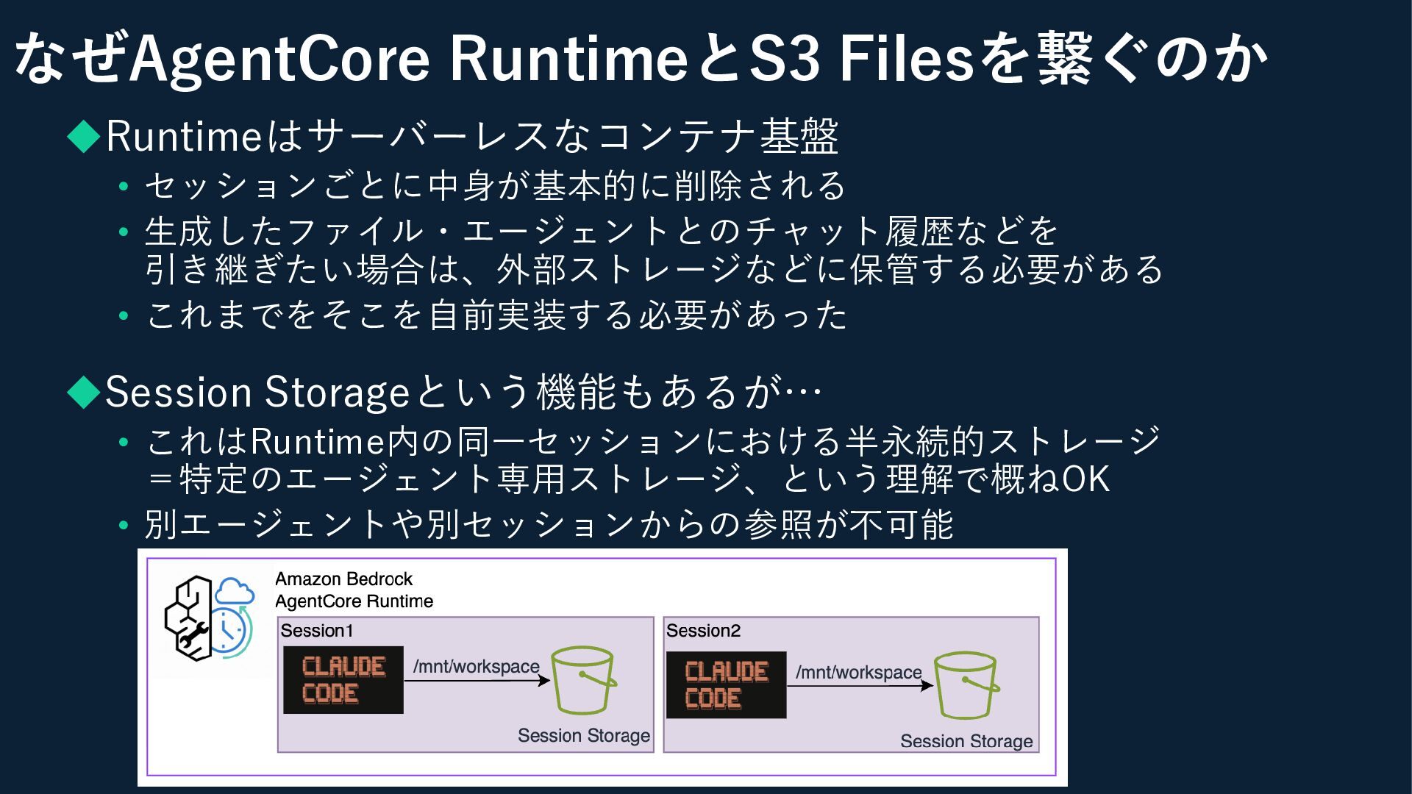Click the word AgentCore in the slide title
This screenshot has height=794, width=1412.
coord(279,59)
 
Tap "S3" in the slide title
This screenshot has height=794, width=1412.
coord(784,59)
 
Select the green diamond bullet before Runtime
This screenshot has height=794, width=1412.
coord(83,136)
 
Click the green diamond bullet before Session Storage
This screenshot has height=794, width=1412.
coord(83,392)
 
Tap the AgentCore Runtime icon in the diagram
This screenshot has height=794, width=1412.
coord(209,618)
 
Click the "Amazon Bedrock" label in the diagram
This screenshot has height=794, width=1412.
coord(343,579)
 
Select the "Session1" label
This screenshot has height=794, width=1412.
coord(317,631)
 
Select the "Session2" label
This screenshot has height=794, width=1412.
coord(703,631)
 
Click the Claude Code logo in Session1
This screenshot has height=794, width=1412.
coord(343,680)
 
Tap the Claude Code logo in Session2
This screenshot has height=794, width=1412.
coord(726,684)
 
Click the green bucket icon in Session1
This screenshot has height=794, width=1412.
coord(584,680)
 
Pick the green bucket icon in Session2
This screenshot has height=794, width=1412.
coord(966,686)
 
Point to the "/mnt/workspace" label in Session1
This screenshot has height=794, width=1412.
coord(476,667)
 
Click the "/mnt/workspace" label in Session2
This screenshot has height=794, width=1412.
coord(858,672)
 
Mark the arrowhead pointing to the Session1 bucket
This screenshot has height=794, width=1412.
coord(545,680)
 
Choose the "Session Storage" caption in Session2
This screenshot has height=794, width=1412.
coord(966,741)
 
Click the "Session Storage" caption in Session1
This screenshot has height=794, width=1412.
coord(584,735)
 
